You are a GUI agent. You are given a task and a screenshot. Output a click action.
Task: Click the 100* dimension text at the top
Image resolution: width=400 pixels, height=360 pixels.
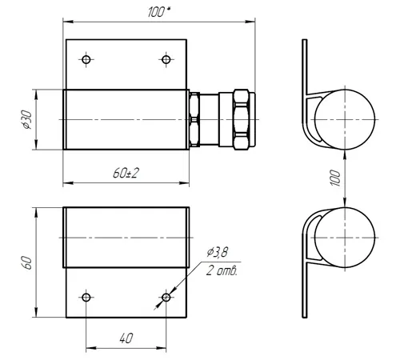click(159, 12)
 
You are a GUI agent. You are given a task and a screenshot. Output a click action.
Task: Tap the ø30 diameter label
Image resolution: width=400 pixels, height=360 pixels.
click(27, 120)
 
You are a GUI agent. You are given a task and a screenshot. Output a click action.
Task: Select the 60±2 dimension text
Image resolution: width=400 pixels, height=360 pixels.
click(126, 174)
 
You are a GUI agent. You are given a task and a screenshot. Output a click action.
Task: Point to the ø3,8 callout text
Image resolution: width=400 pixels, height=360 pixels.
click(218, 252)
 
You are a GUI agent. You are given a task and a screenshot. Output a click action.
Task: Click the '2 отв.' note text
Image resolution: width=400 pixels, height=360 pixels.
click(222, 271)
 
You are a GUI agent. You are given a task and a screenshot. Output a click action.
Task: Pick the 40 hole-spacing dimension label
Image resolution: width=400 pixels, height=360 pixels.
click(126, 338)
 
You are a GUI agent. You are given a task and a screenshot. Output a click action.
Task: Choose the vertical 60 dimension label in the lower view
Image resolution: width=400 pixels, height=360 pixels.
click(27, 262)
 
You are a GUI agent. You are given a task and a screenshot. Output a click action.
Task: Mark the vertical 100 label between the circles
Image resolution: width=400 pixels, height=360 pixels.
click(335, 178)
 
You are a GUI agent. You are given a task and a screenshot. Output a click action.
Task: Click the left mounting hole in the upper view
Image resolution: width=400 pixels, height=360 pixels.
click(86, 59)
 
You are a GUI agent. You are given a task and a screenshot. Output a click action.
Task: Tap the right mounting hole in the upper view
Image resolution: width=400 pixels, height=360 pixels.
click(166, 59)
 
